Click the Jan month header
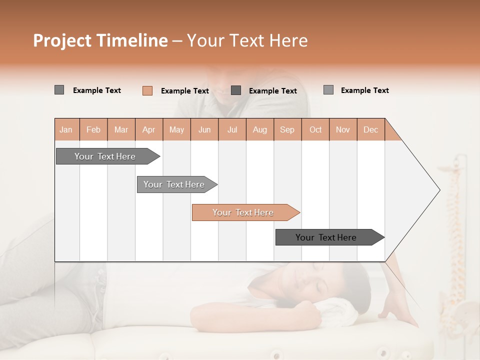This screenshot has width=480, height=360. coord(66,129)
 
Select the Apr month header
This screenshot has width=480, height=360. coord(148,129)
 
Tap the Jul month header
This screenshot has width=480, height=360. coord(232,129)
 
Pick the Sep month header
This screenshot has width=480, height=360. coord(287,129)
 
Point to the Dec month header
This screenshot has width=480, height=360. coord(370,129)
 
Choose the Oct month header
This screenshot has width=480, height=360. coord(315,129)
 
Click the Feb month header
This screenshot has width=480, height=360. coord(93,129)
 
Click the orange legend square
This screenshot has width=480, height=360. coord(147,90)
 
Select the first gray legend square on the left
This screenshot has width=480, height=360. coord(59,90)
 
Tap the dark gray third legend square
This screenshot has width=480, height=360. coord(236,90)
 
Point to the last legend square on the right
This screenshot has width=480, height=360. coord(328,90)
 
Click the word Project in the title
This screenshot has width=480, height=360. coord(62,40)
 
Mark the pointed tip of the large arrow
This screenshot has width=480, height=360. coord(438,190)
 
